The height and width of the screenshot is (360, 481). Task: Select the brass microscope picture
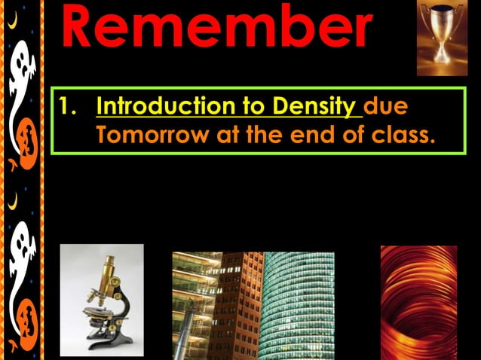[102, 300]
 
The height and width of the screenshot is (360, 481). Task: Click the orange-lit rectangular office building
[226, 305]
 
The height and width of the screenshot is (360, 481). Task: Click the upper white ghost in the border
[23, 75]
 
